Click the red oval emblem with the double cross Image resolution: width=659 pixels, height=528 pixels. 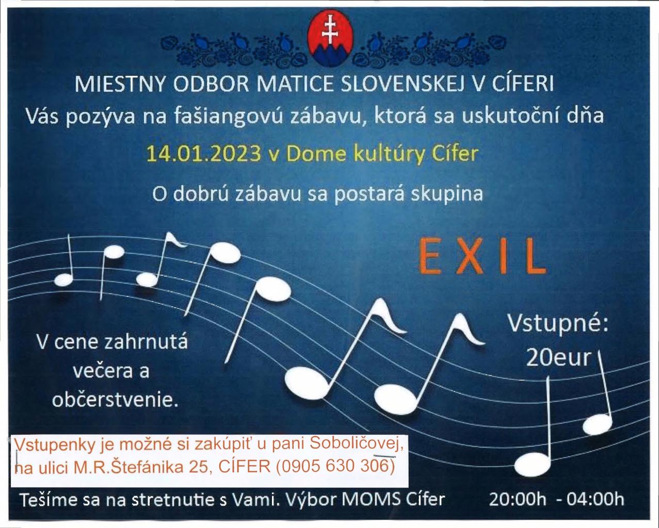click(x=330, y=38)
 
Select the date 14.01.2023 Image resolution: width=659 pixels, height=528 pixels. click(x=204, y=154)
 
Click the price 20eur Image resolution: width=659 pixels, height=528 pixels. click(x=558, y=357)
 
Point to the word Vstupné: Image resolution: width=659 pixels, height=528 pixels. click(x=558, y=323)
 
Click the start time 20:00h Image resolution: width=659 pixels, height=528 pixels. click(x=518, y=500)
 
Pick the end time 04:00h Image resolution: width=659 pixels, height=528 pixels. click(x=596, y=500)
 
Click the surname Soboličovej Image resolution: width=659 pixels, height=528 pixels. click(x=357, y=444)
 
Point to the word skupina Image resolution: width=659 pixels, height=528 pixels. click(x=447, y=194)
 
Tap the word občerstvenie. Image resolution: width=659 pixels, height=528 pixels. click(x=115, y=400)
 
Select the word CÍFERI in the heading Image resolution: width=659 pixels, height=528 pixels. click(x=523, y=83)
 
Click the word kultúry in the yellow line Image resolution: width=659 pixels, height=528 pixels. click(x=389, y=155)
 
